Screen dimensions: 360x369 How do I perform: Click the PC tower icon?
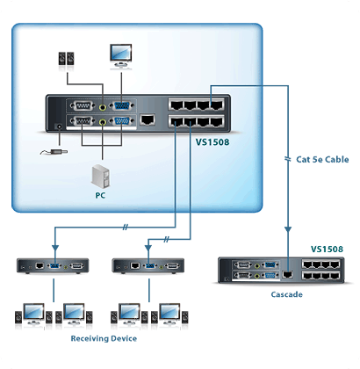coord(100,176)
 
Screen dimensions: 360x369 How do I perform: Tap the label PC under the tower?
coord(100,195)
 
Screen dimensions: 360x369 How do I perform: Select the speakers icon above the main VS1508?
coord(66,59)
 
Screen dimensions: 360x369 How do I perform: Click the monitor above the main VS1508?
coord(121,55)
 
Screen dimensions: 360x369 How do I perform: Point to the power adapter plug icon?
coord(54,152)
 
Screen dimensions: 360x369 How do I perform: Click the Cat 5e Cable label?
coord(322,160)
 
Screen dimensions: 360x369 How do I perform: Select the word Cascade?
coord(286,294)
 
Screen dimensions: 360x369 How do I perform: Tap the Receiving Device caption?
coord(104,338)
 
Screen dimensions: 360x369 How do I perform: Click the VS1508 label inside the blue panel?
coord(212,142)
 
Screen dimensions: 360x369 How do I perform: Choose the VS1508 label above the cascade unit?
coord(327,250)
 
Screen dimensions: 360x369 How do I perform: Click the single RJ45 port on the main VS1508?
coord(148,119)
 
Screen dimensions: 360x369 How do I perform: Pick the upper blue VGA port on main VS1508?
coord(122,106)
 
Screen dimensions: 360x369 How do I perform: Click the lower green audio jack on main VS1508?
coord(103,121)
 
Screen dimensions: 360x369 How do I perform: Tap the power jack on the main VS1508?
coord(59,127)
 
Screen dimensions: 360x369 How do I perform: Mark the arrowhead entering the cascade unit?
coord(288,229)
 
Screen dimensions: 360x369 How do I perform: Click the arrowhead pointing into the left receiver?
coord(55,249)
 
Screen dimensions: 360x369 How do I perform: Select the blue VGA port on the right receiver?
coord(150,266)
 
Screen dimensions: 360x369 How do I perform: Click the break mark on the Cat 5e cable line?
coord(288,159)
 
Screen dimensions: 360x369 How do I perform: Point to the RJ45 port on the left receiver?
coord(40,266)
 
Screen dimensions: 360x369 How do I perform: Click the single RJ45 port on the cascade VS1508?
coord(287,274)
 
